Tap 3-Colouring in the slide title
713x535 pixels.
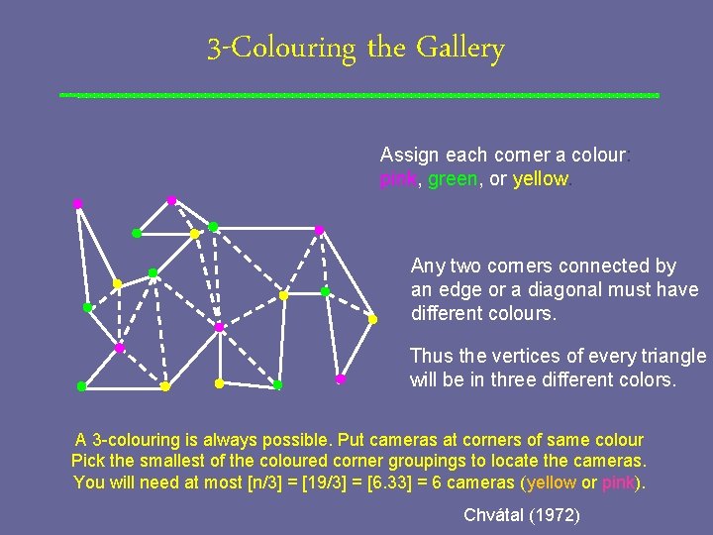pyautogui.click(x=281, y=49)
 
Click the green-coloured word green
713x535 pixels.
pyautogui.click(x=453, y=179)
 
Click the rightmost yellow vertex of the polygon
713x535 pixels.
pyautogui.click(x=372, y=319)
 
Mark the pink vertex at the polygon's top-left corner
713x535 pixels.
pyautogui.click(x=77, y=203)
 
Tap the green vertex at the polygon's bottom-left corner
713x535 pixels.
pyautogui.click(x=81, y=386)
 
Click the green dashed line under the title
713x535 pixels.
pyautogui.click(x=358, y=95)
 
